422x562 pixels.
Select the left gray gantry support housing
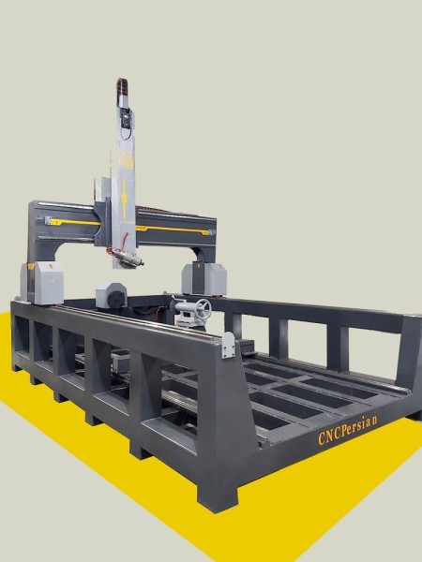pyautogui.click(x=43, y=281)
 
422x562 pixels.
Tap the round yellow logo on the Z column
pyautogui.click(x=128, y=163)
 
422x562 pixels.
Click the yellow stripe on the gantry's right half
pyautogui.click(x=178, y=228)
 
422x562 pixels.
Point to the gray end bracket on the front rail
pyautogui.click(x=228, y=343)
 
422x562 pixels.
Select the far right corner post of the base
pyautogui.click(x=410, y=356)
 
